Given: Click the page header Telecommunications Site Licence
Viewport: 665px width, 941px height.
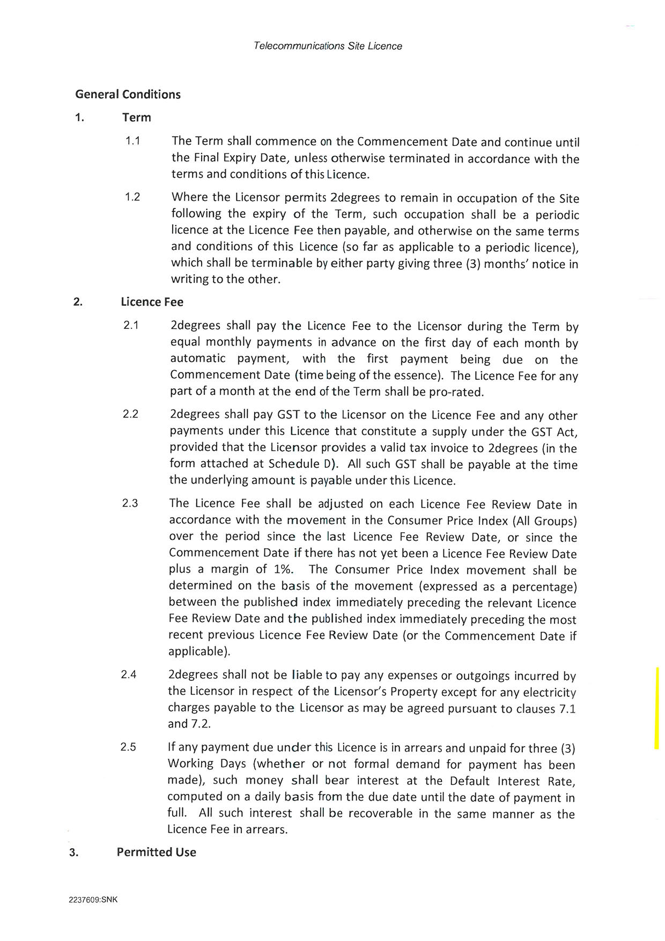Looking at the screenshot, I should (328, 46).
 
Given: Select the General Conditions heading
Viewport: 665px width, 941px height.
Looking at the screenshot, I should (128, 94).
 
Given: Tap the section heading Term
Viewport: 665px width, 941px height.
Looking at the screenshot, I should (137, 117).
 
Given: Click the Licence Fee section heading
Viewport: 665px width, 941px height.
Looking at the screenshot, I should (152, 302).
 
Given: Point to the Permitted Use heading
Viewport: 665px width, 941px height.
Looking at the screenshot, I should (156, 852).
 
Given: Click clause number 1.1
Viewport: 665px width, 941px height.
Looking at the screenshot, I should (132, 141).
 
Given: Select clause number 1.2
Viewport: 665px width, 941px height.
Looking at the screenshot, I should (132, 197).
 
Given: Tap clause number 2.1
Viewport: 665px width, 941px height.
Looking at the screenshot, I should (131, 325).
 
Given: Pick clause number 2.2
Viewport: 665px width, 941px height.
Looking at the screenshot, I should (130, 414).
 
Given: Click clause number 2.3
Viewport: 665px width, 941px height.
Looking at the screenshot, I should (130, 503).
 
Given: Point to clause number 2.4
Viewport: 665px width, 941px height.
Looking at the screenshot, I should (129, 674).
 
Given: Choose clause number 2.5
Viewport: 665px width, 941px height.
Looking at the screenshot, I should (128, 747).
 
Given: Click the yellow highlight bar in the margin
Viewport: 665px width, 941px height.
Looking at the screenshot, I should (657, 708).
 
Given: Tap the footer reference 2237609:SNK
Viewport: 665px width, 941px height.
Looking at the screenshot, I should (93, 900).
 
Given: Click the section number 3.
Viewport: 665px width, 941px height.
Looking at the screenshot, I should (73, 852).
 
